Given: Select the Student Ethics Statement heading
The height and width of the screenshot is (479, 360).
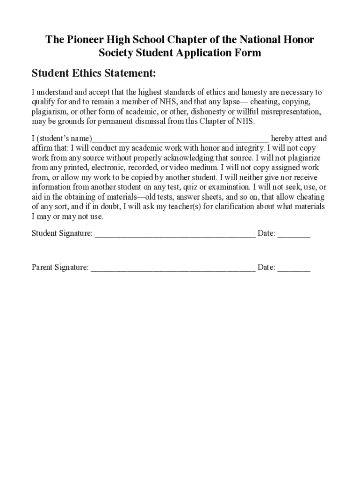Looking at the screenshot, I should click(94, 73).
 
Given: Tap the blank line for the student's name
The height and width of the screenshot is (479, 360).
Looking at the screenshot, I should click(180, 139).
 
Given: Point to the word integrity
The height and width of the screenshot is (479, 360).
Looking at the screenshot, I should click(246, 148).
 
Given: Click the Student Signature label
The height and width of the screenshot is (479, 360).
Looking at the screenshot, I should click(62, 233).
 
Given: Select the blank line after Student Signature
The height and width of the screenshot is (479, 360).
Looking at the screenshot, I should click(175, 234).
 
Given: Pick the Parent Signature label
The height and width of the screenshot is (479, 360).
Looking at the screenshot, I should click(60, 268).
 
